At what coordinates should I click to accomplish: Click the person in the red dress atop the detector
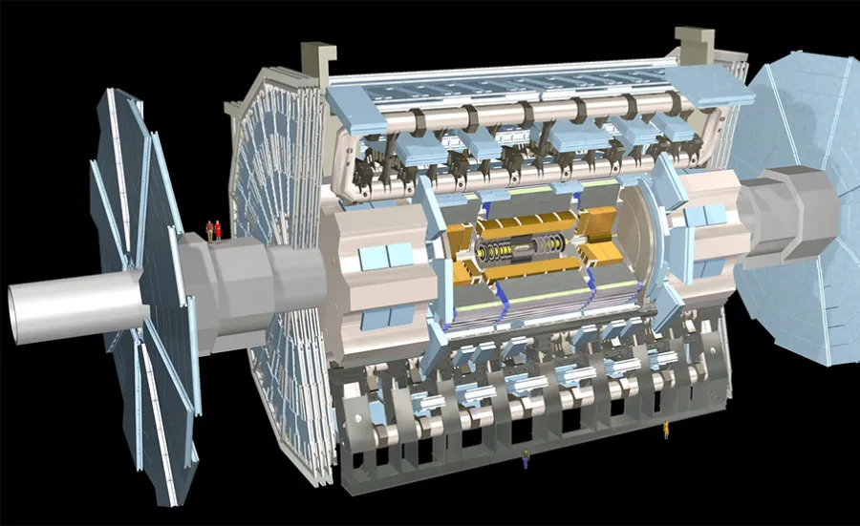pyautogui.click(x=218, y=229)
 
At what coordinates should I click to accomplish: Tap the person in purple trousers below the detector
pyautogui.click(x=525, y=460)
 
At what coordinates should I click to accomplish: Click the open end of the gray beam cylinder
pyautogui.click(x=22, y=313)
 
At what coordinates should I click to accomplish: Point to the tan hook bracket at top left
pyautogui.click(x=315, y=58)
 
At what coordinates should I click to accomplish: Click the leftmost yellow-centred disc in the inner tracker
pyautogui.click(x=484, y=253)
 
